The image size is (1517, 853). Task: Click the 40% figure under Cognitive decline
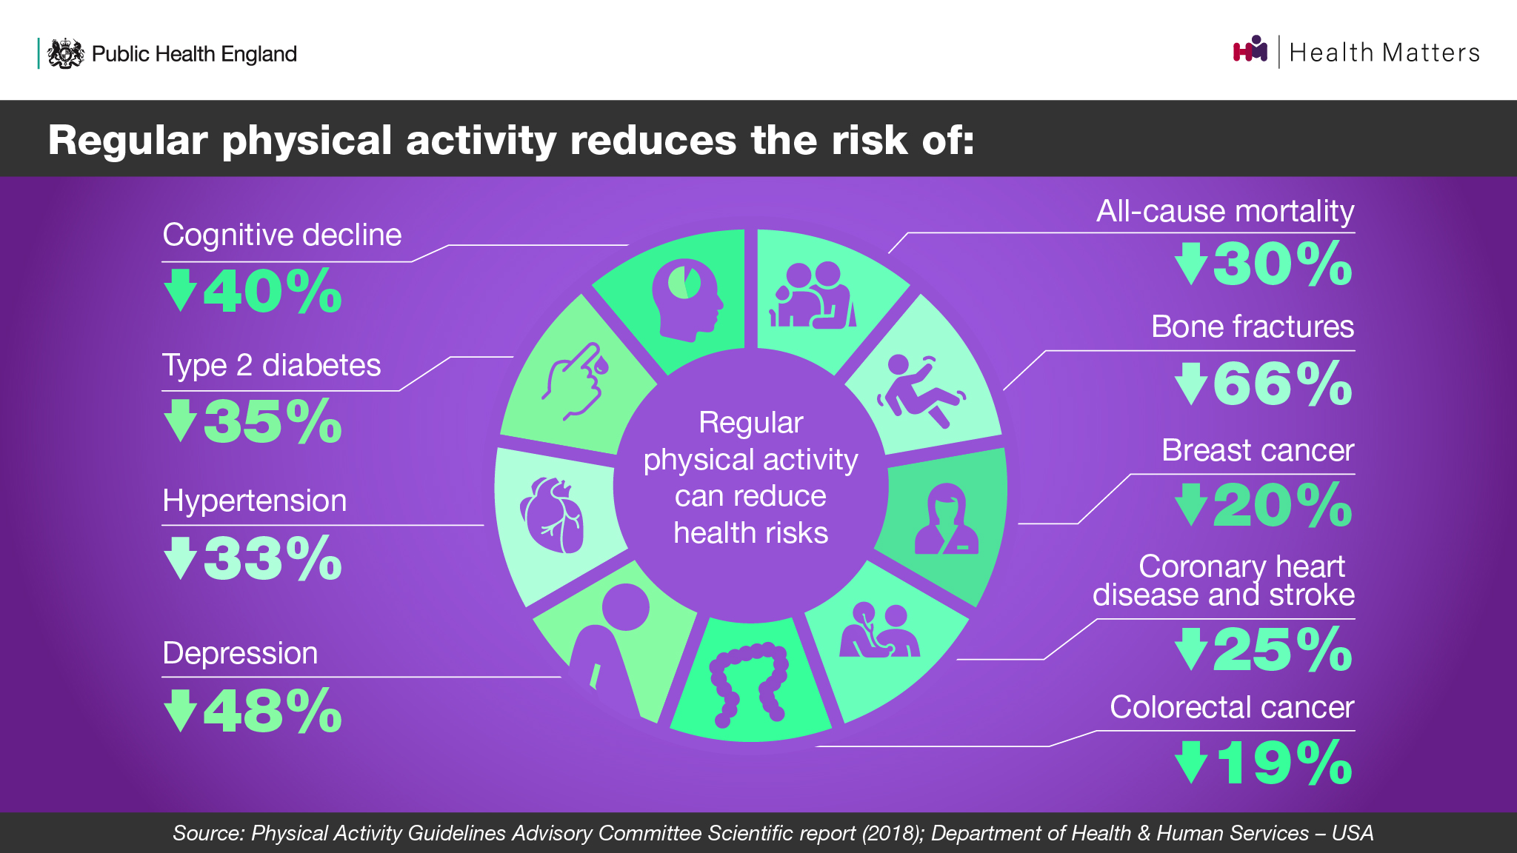click(x=273, y=291)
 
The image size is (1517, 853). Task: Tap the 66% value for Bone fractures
click(x=1282, y=384)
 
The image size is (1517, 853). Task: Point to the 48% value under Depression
click(x=273, y=711)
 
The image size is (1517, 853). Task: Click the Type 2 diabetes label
click(x=271, y=366)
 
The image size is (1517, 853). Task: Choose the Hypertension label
click(x=254, y=501)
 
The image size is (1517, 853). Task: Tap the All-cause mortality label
click(x=1225, y=212)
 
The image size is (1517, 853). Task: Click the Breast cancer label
click(x=1258, y=450)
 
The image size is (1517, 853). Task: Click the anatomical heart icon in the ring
click(x=552, y=515)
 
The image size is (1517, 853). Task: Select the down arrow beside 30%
click(x=1191, y=264)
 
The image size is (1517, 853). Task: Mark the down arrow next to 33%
click(x=180, y=558)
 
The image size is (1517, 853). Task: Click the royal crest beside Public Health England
click(x=65, y=53)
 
